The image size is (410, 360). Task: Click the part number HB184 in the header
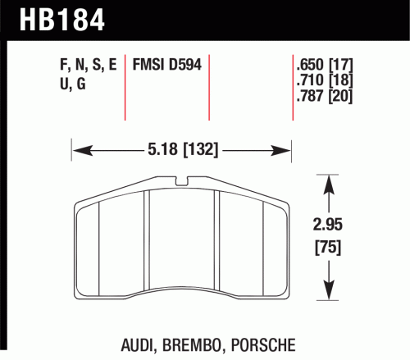(x=62, y=20)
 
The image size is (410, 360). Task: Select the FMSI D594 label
(x=167, y=65)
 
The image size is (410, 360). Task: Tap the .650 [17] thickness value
(x=325, y=65)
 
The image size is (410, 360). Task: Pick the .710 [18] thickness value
(x=325, y=80)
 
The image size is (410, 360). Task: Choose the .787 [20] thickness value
(x=325, y=96)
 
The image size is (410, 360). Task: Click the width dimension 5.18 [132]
(x=183, y=150)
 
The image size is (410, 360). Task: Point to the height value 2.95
(x=327, y=225)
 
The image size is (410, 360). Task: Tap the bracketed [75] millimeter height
(x=328, y=248)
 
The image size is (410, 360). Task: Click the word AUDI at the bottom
(x=138, y=345)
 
